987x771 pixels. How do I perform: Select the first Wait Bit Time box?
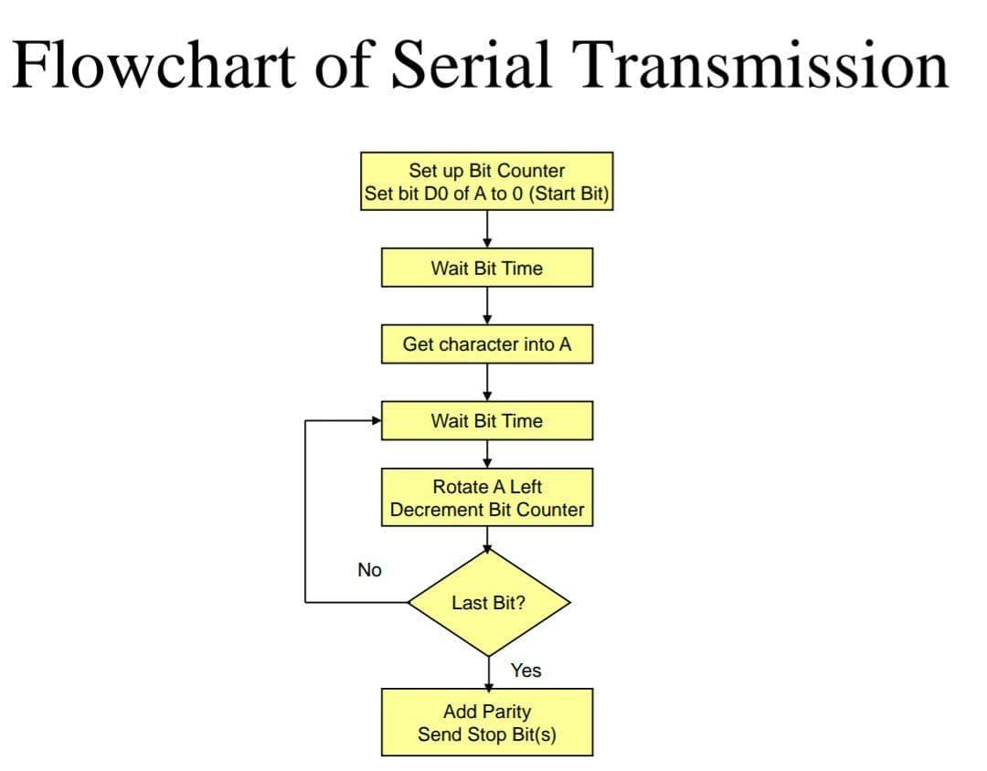click(486, 268)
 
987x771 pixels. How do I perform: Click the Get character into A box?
click(486, 344)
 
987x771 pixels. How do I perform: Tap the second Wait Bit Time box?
click(486, 420)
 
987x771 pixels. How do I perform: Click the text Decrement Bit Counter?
click(486, 510)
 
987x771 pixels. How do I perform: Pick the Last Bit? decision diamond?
click(488, 603)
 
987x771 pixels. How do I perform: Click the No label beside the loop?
click(369, 570)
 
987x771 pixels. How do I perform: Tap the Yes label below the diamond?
click(525, 671)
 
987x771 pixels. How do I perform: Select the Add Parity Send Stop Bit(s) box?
click(486, 722)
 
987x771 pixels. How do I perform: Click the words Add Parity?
click(486, 711)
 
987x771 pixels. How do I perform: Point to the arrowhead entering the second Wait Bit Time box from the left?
click(376, 421)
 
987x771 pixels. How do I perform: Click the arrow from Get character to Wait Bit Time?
click(487, 382)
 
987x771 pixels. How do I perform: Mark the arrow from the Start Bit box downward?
click(487, 228)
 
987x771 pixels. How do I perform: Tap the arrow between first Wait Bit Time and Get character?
click(487, 305)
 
